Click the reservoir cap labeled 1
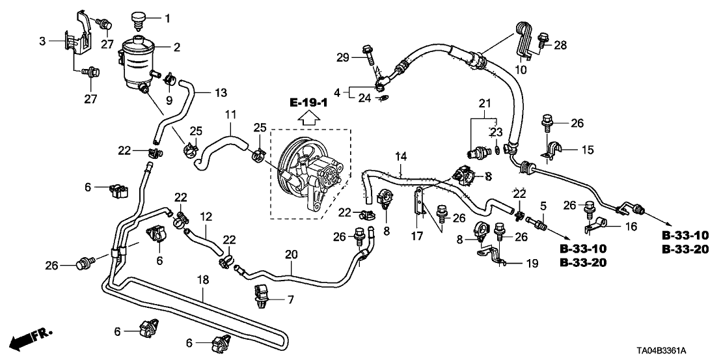click(137, 20)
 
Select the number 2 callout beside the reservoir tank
click(176, 47)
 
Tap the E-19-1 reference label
click(309, 103)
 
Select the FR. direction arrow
click(31, 339)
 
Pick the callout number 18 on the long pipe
click(203, 279)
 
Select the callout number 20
click(292, 255)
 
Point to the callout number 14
click(401, 156)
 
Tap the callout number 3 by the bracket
click(42, 42)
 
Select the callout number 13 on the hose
click(221, 93)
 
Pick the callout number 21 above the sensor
click(482, 103)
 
